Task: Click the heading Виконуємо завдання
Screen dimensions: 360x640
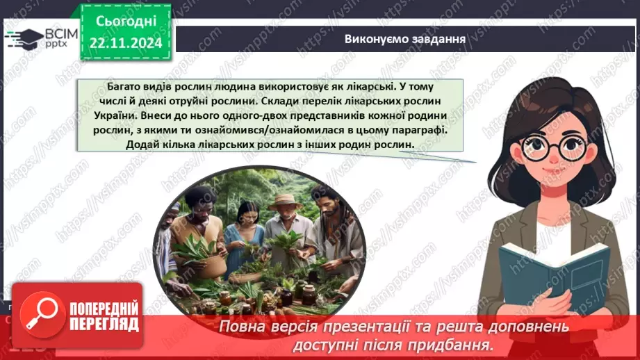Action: point(404,38)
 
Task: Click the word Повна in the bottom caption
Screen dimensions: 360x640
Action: point(242,327)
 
